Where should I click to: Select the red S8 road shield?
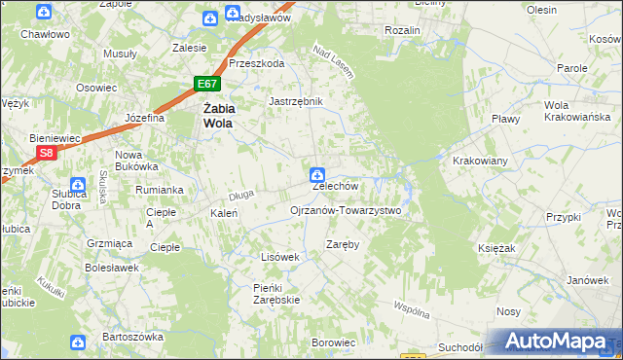[46, 153]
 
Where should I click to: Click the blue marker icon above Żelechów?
[316, 175]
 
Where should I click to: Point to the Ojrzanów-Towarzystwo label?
[346, 210]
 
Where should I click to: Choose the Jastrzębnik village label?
[295, 100]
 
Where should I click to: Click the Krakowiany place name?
[481, 161]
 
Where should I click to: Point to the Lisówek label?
[278, 257]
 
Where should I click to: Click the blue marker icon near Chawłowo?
[45, 13]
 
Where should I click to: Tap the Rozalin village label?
[402, 30]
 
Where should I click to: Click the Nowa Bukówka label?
[135, 162]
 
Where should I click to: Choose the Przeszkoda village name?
[256, 63]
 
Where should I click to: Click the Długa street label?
[241, 195]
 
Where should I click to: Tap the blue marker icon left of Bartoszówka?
[78, 342]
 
